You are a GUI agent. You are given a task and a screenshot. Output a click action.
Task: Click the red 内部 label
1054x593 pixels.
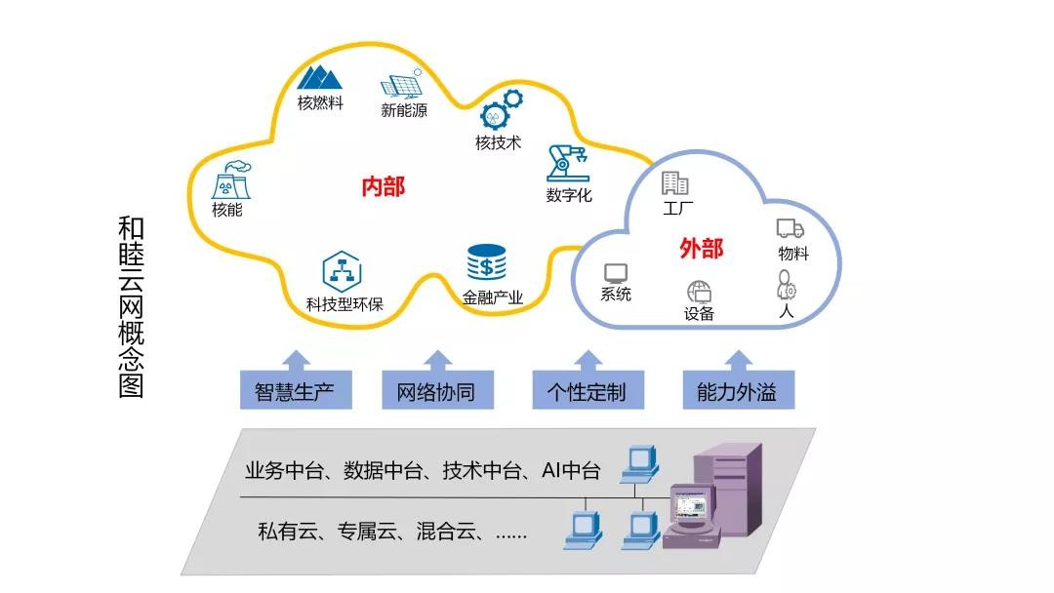coord(383,186)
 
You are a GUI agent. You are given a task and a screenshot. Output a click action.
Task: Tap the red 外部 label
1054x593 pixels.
coord(701,249)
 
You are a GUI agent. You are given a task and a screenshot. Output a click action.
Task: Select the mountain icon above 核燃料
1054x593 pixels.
coord(319,78)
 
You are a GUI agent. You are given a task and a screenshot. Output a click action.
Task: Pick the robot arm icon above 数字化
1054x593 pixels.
coord(566,162)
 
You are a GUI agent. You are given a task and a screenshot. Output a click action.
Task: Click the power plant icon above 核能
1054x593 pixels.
coord(230,179)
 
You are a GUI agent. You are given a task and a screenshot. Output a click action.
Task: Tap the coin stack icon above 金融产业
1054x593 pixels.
coord(486,263)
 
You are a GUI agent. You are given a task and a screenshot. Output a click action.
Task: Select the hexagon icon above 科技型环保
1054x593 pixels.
coord(342,270)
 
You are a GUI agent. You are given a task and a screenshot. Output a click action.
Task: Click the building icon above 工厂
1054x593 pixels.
coord(675,182)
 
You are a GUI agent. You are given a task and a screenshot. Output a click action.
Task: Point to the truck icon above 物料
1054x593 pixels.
coord(790,228)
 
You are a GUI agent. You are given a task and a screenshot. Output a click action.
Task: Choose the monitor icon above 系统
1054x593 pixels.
coord(615,272)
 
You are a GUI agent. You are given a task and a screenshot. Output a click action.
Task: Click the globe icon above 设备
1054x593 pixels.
coord(699,292)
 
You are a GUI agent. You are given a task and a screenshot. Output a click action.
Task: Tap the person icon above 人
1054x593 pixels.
coord(786,285)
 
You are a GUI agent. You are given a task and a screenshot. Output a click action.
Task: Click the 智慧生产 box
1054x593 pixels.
coord(295,392)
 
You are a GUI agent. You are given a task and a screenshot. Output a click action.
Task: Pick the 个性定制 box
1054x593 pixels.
coord(586,392)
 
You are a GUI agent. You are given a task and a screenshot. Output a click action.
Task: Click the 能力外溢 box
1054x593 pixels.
coord(737,392)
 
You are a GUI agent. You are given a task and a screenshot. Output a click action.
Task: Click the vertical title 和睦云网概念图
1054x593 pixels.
coord(131,307)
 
